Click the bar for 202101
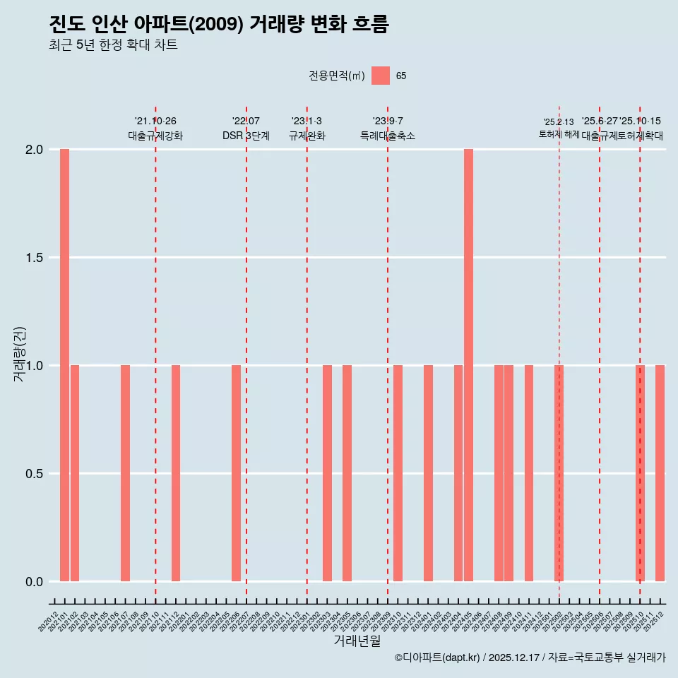click(x=64, y=365)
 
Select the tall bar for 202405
click(x=468, y=365)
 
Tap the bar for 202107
click(x=125, y=473)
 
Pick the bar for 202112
click(x=176, y=473)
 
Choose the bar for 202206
click(x=236, y=473)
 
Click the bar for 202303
click(x=327, y=473)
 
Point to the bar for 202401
click(x=428, y=473)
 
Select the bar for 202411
click(x=529, y=473)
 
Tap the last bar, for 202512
click(x=660, y=473)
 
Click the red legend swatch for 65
click(x=381, y=76)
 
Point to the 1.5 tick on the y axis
click(x=35, y=258)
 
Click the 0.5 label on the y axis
click(x=35, y=474)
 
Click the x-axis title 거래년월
click(x=357, y=641)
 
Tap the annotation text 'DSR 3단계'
click(x=246, y=136)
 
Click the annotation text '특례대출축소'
click(x=387, y=136)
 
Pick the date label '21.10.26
click(x=155, y=121)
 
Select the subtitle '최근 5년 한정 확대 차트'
click(x=113, y=45)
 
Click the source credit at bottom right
click(x=530, y=658)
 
